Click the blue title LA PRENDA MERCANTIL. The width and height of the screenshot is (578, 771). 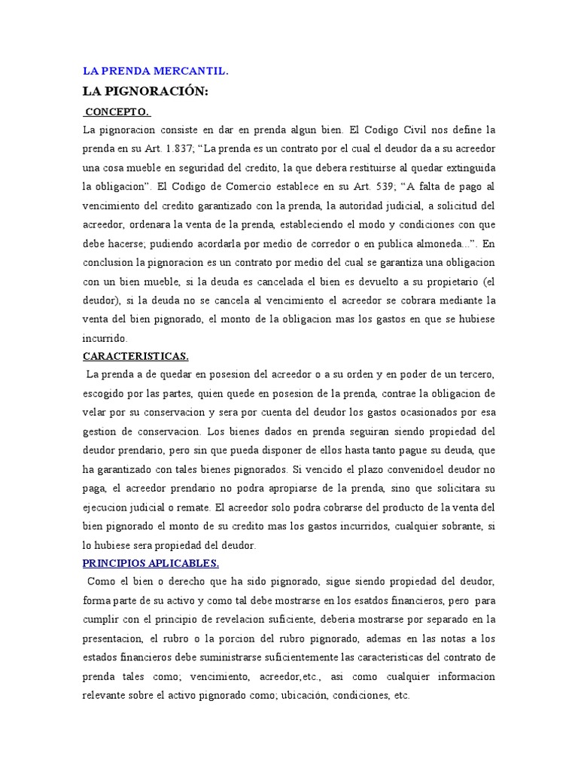pyautogui.click(x=155, y=72)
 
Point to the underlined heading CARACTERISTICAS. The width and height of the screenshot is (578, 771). pyautogui.click(x=135, y=355)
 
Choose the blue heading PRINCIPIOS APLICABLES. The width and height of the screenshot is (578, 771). pyautogui.click(x=151, y=562)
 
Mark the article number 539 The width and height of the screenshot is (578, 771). pyautogui.click(x=388, y=186)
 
